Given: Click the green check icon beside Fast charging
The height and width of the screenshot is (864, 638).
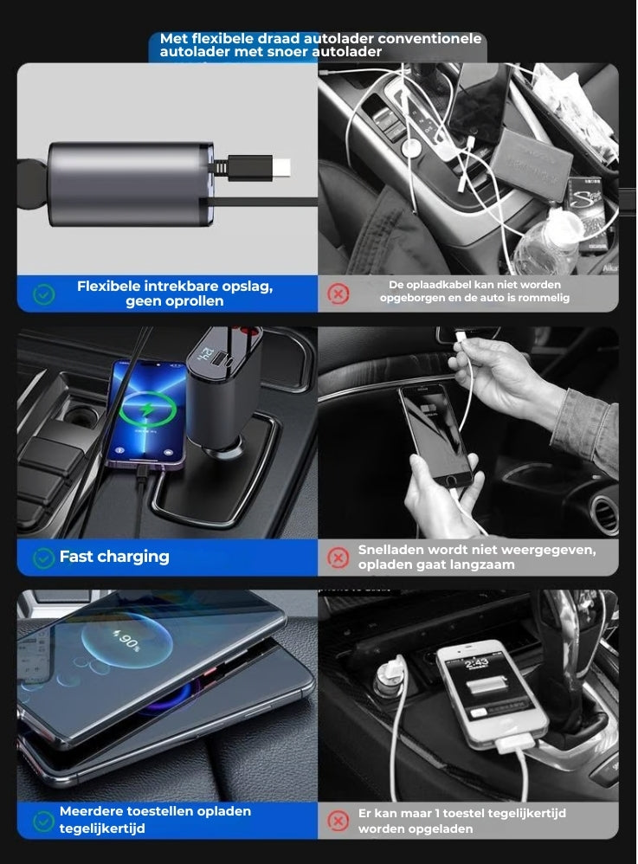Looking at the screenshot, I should click(x=43, y=558).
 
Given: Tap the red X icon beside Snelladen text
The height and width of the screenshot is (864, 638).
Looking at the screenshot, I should click(x=338, y=558).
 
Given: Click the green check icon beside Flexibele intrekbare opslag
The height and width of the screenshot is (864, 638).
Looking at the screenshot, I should click(x=43, y=294).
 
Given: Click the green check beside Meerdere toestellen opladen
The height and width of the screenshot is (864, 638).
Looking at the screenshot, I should click(x=43, y=820).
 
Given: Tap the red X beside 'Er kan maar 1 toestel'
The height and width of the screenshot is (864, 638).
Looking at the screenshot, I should click(x=338, y=820).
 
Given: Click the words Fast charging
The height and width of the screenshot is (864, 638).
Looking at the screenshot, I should click(x=114, y=557).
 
